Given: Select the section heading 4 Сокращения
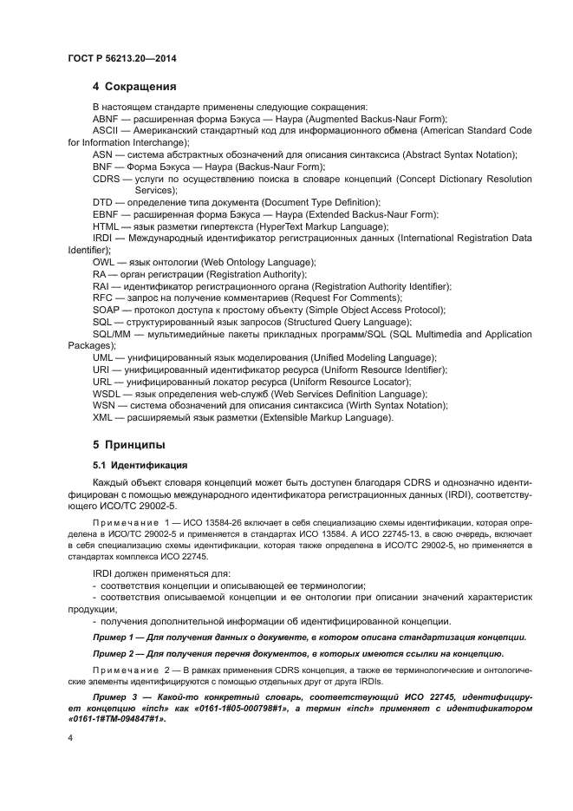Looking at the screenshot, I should (134, 87).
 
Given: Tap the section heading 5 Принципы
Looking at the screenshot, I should (129, 445).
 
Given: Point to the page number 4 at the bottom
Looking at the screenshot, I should (71, 737).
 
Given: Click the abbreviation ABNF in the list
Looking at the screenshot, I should (105, 118).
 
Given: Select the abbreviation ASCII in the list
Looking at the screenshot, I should (106, 130).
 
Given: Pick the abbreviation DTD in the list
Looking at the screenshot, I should (102, 202).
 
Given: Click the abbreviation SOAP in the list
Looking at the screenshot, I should (106, 310).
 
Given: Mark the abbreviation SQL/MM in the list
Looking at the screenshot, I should (111, 334).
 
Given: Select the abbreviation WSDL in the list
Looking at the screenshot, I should (107, 394).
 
